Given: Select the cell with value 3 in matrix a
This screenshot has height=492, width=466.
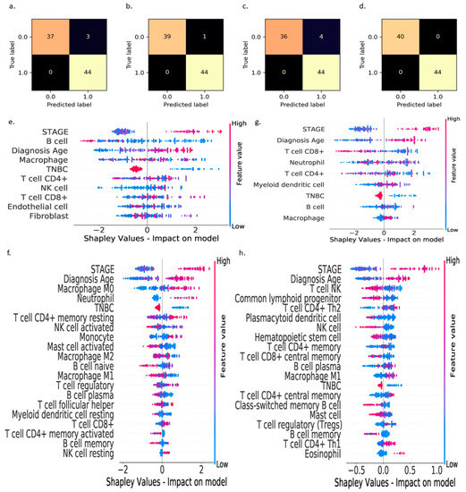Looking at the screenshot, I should pyautogui.click(x=82, y=32).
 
